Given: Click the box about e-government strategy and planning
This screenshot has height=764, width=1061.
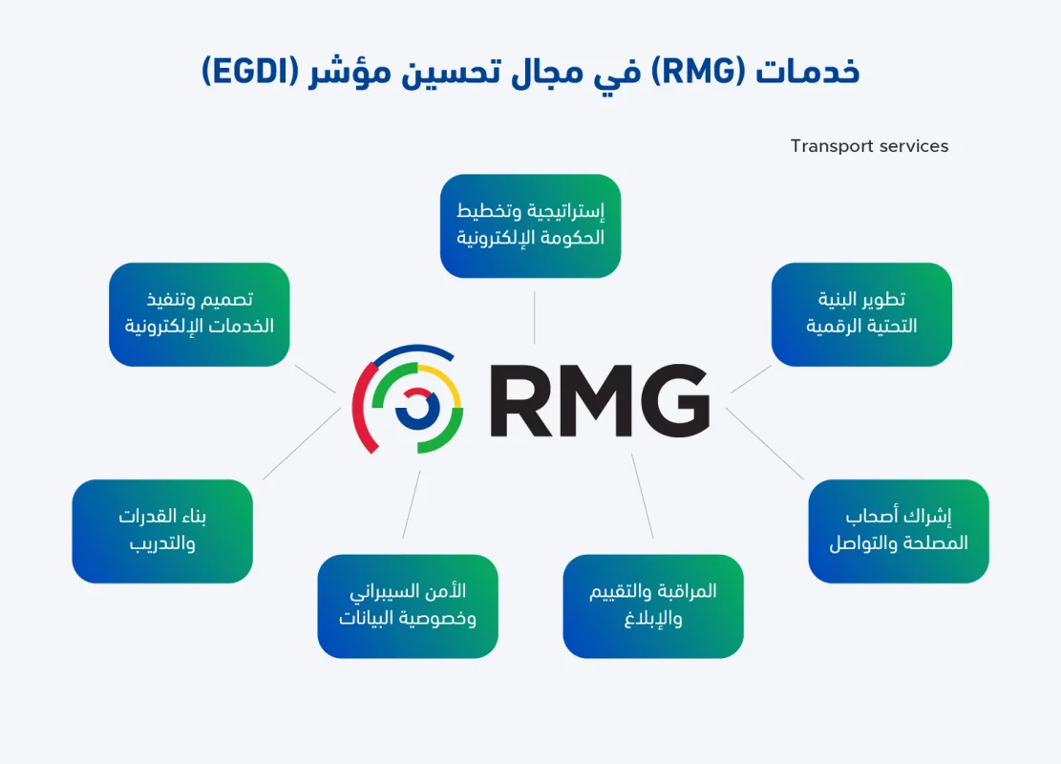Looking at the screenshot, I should (530, 225).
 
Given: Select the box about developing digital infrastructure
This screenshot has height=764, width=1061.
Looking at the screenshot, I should (861, 314).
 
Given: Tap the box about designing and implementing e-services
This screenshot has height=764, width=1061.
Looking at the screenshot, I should (199, 314).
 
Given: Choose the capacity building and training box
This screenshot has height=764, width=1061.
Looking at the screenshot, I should (162, 531).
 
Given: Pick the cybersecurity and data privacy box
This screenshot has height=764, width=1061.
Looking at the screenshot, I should (408, 605).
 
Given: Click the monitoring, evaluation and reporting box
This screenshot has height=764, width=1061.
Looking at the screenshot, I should (653, 605).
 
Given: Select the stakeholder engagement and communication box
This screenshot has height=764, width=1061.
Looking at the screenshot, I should (898, 531).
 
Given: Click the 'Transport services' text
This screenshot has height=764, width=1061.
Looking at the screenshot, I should (869, 146).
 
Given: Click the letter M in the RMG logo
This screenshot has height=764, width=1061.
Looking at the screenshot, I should (595, 400).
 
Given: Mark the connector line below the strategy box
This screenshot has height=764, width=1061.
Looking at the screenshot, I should (534, 317).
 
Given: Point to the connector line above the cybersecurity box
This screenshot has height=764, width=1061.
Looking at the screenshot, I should (411, 505).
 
